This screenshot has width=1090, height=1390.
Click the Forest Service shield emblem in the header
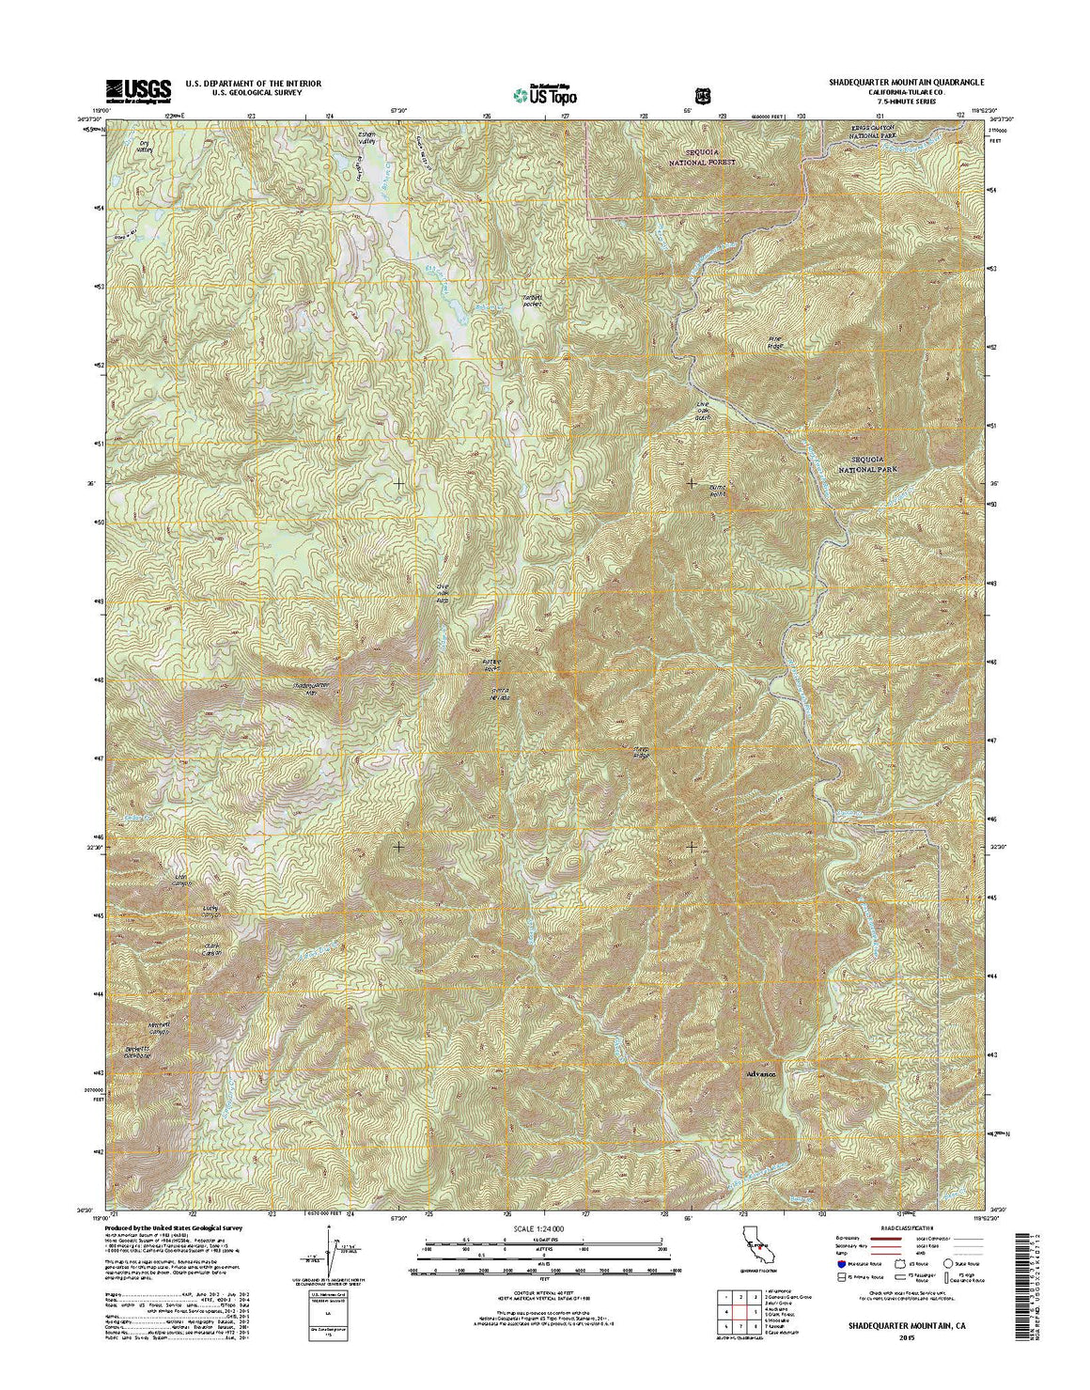(x=700, y=95)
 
